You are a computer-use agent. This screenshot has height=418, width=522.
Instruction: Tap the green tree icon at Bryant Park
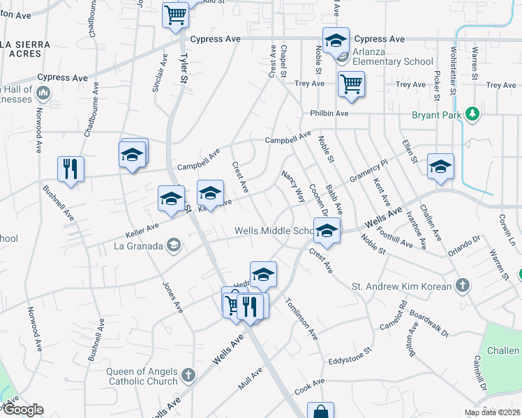[472, 113]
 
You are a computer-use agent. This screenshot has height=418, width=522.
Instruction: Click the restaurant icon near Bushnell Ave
[70, 169]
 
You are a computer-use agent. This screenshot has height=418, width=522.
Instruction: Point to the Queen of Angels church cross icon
[188, 376]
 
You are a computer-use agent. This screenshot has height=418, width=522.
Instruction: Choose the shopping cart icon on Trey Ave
[351, 84]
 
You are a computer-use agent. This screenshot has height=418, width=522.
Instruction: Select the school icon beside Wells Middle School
[326, 229]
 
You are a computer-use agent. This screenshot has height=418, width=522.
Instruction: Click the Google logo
[22, 410]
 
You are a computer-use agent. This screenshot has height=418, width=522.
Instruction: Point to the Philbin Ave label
[329, 114]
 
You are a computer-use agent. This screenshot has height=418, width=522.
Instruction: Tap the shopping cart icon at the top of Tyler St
[176, 15]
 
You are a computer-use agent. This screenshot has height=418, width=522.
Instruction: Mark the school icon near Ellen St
[440, 167]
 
